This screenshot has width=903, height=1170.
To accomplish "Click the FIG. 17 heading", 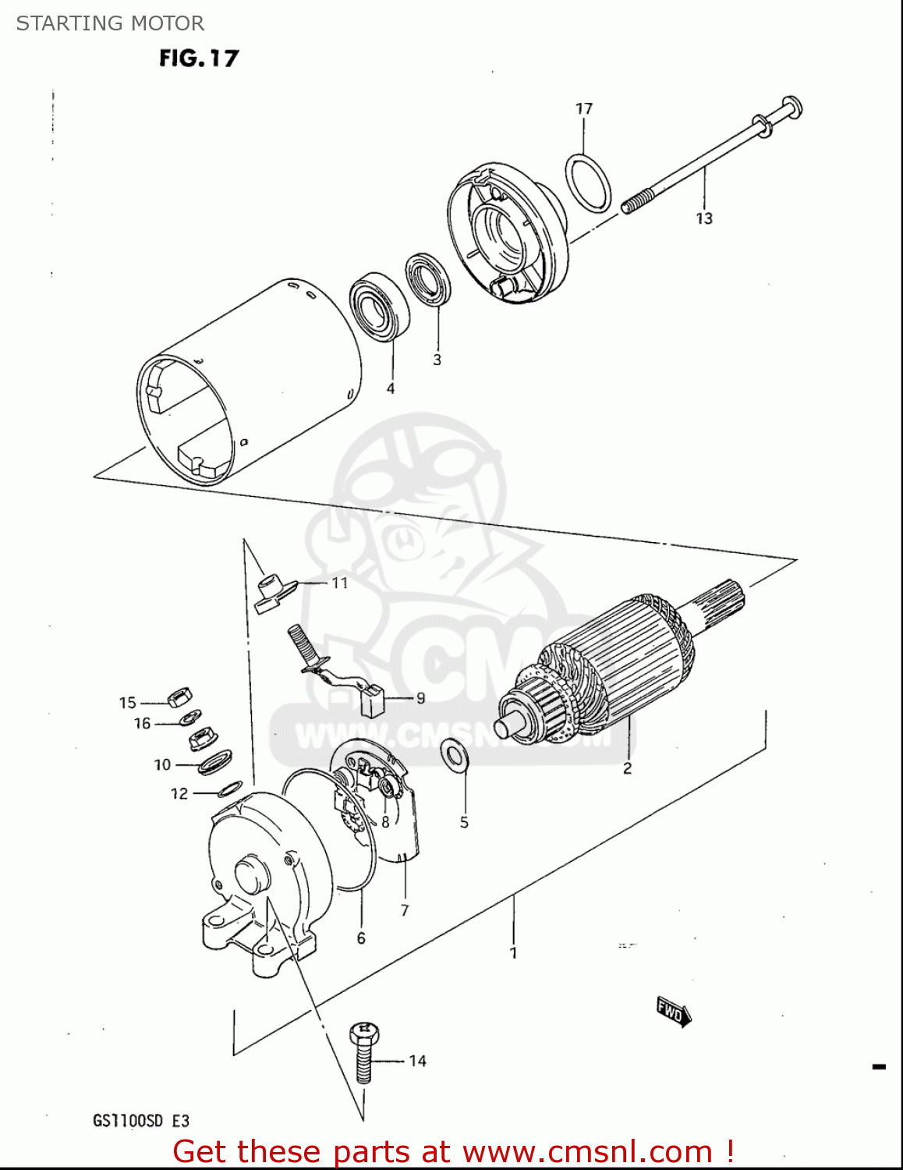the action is point(199,58).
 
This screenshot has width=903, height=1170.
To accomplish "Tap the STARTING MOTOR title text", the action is point(110,23).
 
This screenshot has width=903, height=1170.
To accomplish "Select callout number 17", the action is point(584,108).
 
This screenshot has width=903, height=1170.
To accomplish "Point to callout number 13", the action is point(704,218).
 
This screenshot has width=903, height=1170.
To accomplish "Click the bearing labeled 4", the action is point(379,307).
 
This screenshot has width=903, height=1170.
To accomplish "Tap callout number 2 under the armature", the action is point(627,768).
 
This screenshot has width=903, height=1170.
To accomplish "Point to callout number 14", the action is point(418,1061).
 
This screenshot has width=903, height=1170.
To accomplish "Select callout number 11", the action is point(339,583).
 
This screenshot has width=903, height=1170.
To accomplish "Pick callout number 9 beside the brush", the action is point(421,698).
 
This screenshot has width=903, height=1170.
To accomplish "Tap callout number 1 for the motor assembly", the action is point(513,953).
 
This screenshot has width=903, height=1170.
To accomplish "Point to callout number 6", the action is point(361,938).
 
